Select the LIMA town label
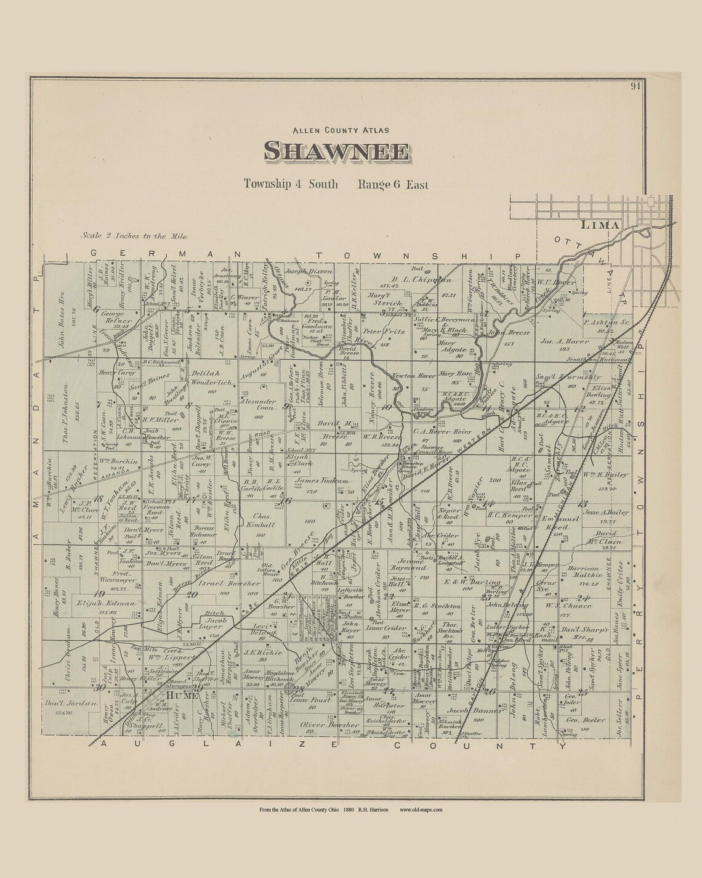599,226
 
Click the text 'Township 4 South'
291,184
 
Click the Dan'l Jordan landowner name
71,703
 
